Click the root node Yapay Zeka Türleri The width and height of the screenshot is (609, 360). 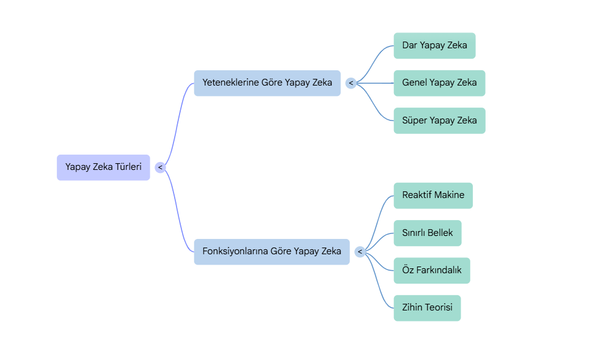[x=103, y=167]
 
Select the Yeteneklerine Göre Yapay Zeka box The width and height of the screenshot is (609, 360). [x=267, y=83]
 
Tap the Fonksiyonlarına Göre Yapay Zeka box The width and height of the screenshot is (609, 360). [x=271, y=251]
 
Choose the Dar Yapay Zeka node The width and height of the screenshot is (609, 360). [x=434, y=45]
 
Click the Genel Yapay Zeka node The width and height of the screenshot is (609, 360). [x=439, y=83]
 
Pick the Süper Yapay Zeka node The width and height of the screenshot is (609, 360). [x=439, y=120]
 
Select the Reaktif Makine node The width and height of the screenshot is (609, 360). [x=432, y=195]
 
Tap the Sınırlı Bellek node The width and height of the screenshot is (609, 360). [x=427, y=233]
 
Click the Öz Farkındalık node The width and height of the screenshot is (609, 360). [x=431, y=270]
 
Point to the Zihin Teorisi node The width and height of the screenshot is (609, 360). [x=427, y=307]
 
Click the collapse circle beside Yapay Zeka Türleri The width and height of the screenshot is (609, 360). [x=160, y=167]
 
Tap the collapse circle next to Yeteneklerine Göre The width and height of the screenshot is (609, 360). [x=351, y=83]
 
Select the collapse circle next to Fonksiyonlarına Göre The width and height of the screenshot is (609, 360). [x=360, y=252]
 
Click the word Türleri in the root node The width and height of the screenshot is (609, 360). [x=128, y=167]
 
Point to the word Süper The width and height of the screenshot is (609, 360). [x=414, y=120]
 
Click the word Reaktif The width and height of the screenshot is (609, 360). [x=417, y=195]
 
